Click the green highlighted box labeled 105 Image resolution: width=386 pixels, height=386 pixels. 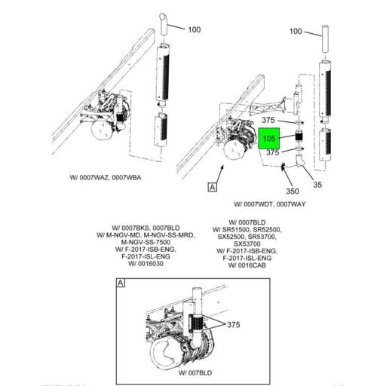269,139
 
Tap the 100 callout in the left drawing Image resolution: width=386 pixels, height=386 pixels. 194,29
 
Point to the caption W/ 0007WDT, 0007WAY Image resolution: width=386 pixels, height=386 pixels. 269,204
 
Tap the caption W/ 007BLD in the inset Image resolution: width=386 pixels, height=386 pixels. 194,372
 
